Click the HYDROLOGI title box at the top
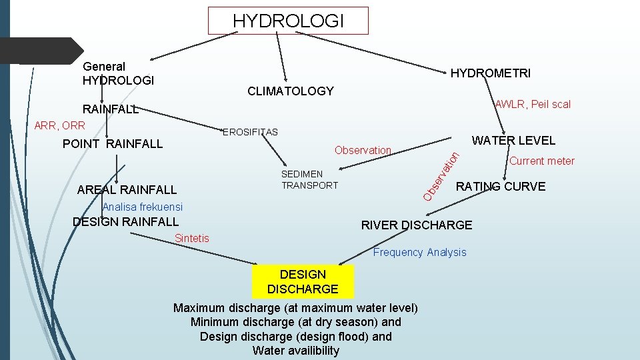pyautogui.click(x=288, y=21)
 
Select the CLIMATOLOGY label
pyautogui.click(x=290, y=91)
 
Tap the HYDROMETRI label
pyautogui.click(x=491, y=73)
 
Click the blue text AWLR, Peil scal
pyautogui.click(x=533, y=104)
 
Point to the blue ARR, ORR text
pyautogui.click(x=59, y=125)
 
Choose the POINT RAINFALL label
pyautogui.click(x=112, y=143)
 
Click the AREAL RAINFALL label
pyautogui.click(x=127, y=190)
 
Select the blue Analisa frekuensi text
pyautogui.click(x=142, y=207)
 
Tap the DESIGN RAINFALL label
pyautogui.click(x=125, y=221)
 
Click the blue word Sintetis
pyautogui.click(x=191, y=238)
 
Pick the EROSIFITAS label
pyautogui.click(x=250, y=132)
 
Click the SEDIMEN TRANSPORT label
pyautogui.click(x=309, y=180)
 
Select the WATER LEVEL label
pyautogui.click(x=513, y=141)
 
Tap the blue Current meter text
pyautogui.click(x=542, y=161)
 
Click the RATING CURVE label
pyautogui.click(x=500, y=186)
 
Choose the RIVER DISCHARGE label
pyautogui.click(x=416, y=225)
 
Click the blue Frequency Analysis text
pyautogui.click(x=419, y=252)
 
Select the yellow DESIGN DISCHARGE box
pyautogui.click(x=303, y=281)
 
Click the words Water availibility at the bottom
pyautogui.click(x=296, y=351)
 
